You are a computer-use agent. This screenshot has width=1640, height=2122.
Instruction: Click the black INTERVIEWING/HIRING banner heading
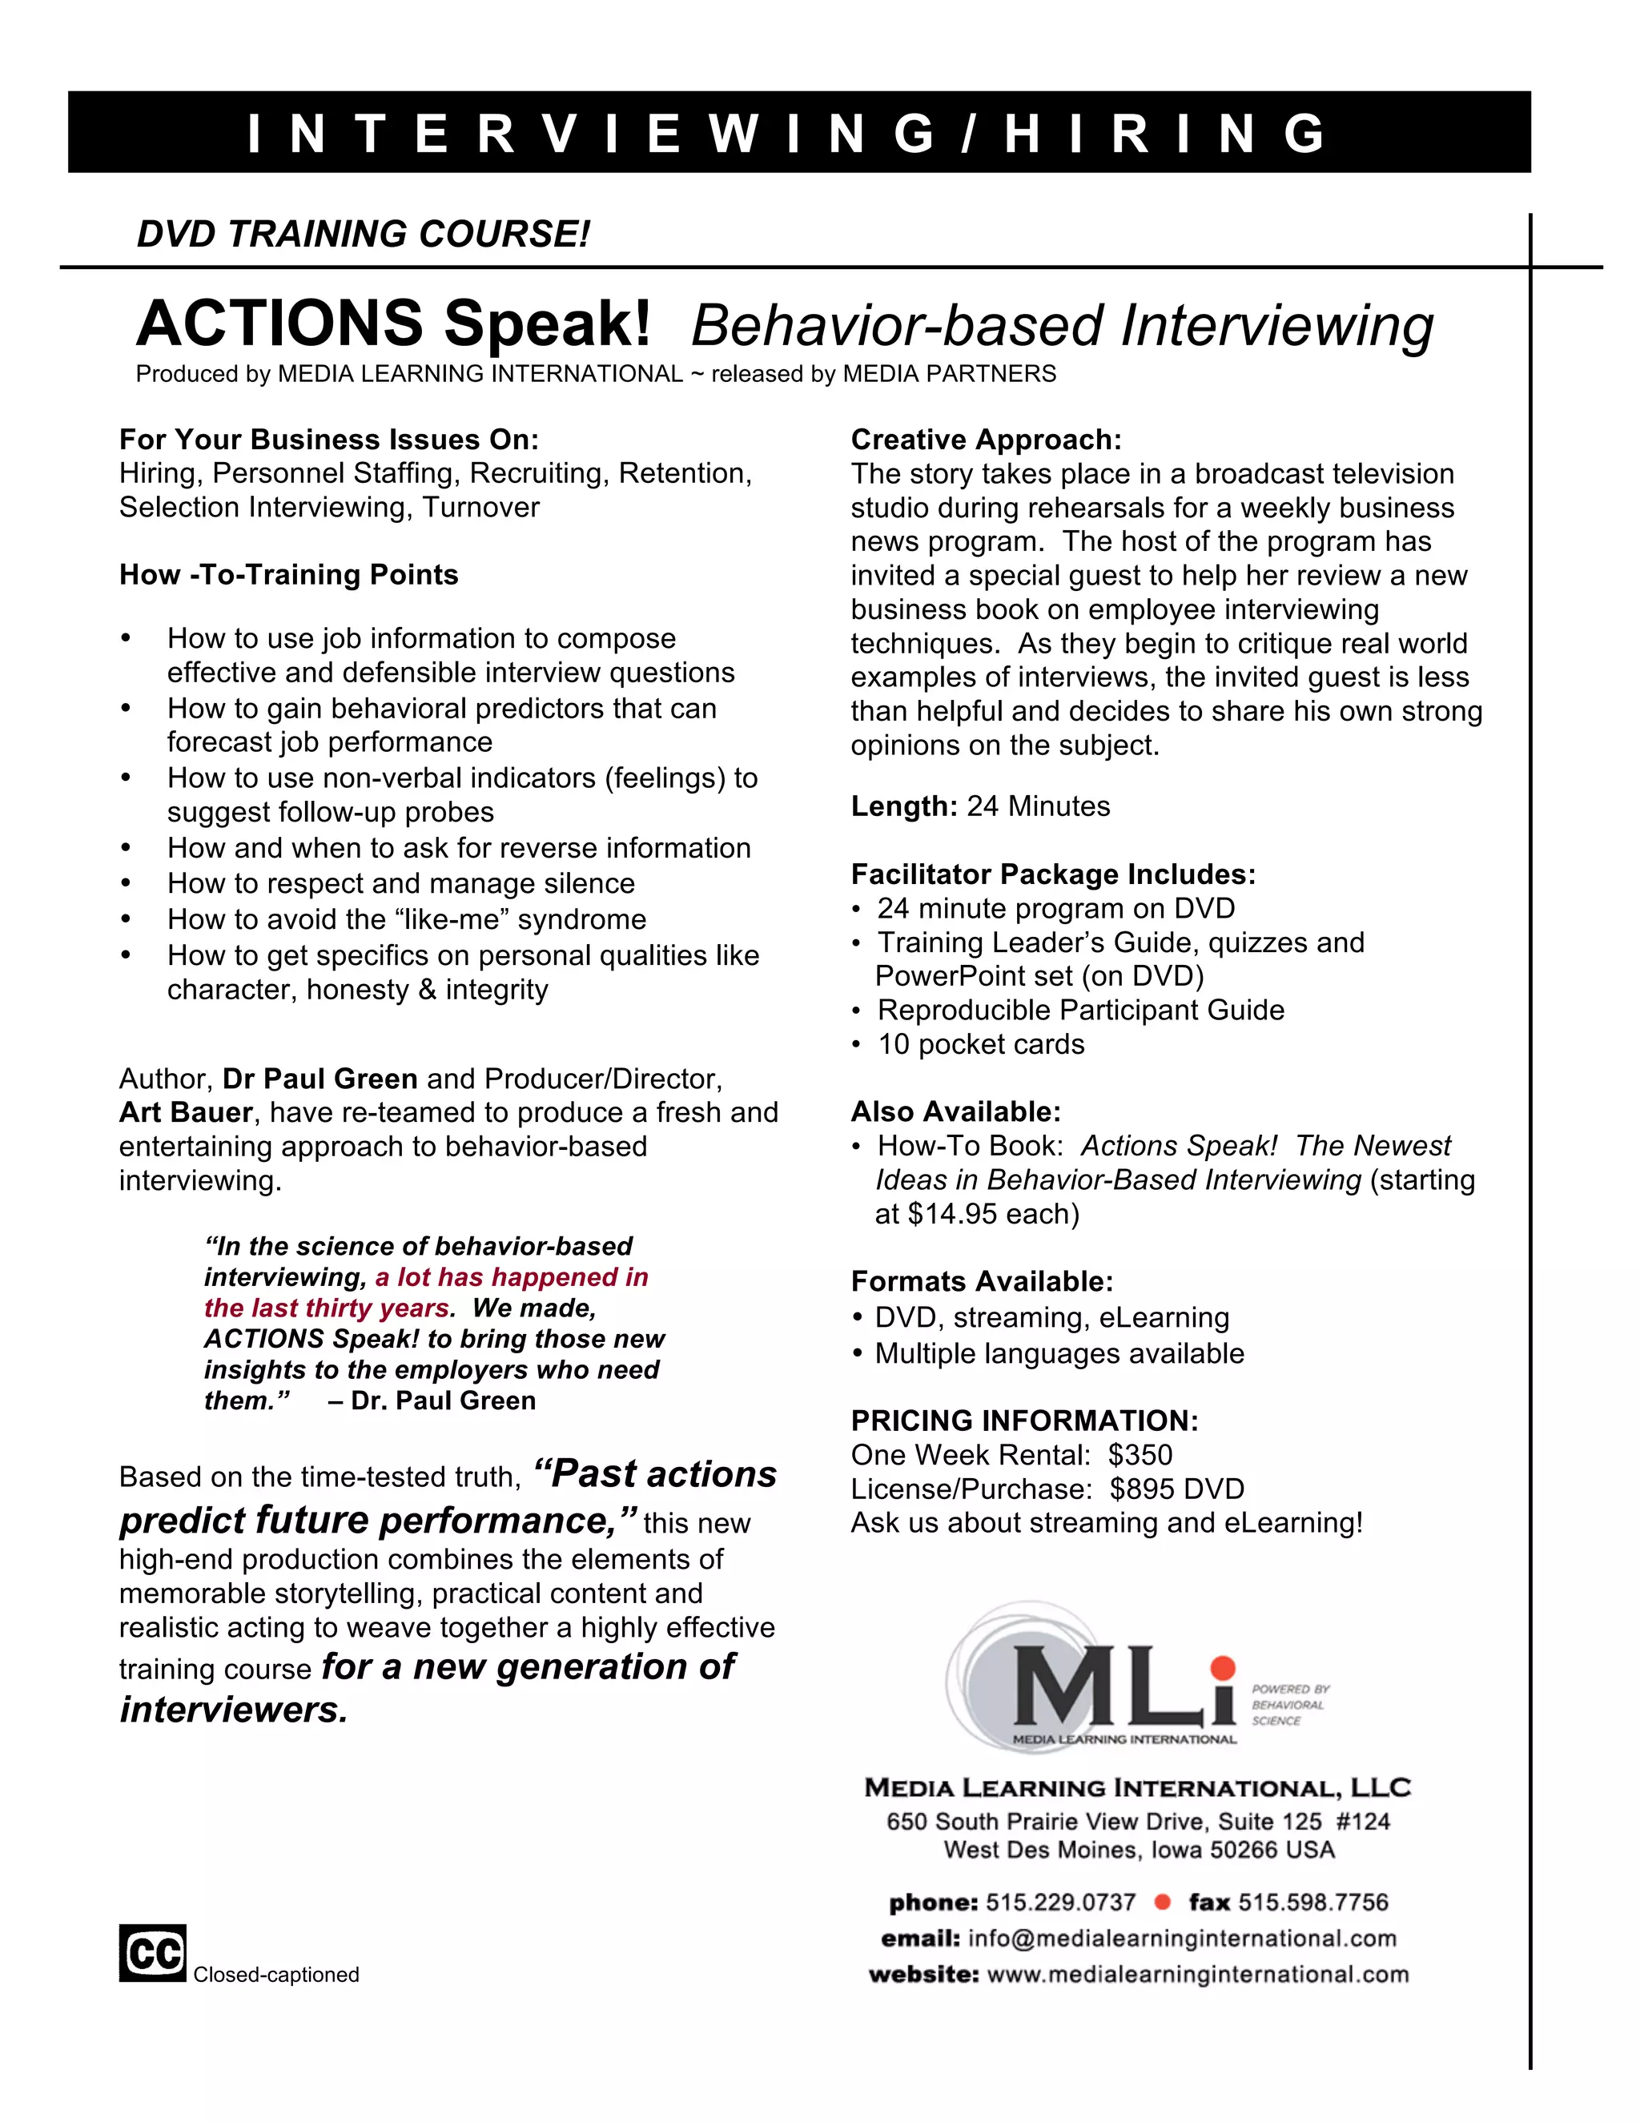[x=798, y=132]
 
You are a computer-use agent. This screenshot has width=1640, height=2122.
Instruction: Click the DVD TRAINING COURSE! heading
[x=364, y=234]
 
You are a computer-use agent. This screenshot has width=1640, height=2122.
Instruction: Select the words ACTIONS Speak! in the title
[x=393, y=324]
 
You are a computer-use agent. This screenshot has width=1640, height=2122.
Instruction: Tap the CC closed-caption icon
[x=152, y=1952]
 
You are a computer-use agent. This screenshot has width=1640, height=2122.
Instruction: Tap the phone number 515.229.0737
[x=1060, y=1902]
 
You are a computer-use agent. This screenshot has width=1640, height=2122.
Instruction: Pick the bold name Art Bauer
[x=186, y=1112]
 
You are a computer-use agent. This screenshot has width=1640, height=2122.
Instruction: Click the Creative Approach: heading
[x=986, y=439]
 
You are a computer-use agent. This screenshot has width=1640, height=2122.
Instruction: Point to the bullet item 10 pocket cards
[x=980, y=1044]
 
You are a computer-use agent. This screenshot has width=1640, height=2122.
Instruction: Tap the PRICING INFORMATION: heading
[x=1024, y=1421]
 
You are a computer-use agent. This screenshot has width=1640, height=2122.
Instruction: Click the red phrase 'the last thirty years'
[x=328, y=1308]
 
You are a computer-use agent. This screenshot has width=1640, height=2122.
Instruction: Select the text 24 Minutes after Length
[x=1038, y=806]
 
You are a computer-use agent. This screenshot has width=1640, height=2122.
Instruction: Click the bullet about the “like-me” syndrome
[x=406, y=919]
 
